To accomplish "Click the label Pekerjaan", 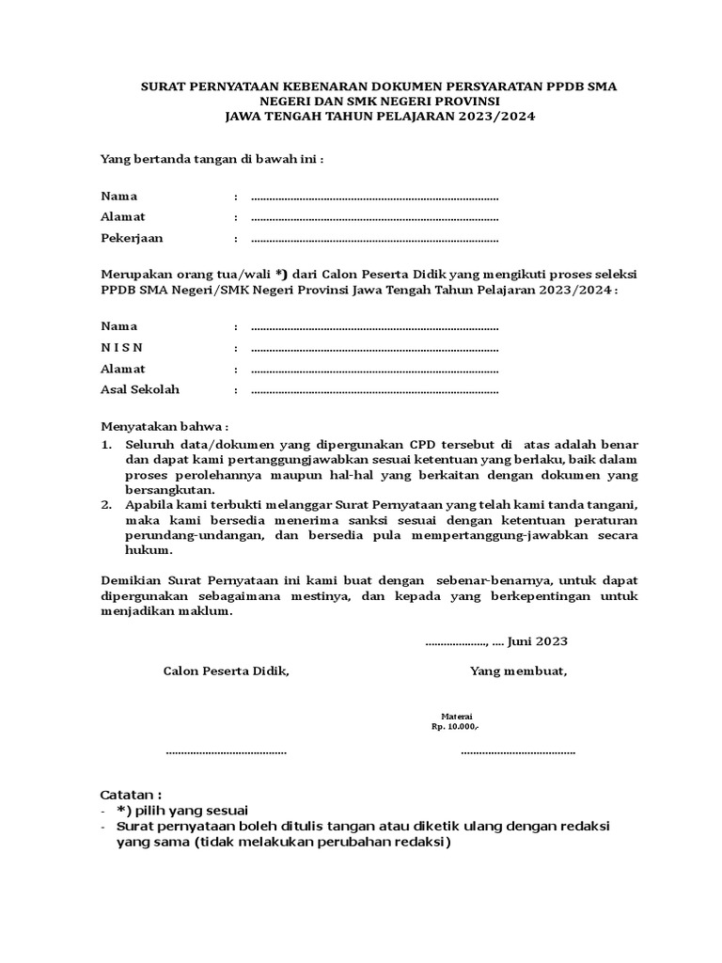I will click(x=132, y=239).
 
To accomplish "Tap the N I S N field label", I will click(x=120, y=348).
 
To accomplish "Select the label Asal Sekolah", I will click(x=140, y=389).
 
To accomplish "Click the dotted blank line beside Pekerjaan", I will click(x=374, y=240).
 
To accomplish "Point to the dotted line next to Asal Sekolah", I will click(x=374, y=390).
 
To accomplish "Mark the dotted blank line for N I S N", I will click(x=374, y=349).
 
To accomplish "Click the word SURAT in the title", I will click(x=163, y=86).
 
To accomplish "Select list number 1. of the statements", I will click(x=107, y=443).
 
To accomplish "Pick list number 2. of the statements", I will click(x=107, y=504).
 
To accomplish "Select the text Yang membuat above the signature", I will click(x=518, y=671).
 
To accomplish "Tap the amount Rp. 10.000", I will click(x=455, y=728).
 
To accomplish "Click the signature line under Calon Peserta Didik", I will click(x=226, y=751).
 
